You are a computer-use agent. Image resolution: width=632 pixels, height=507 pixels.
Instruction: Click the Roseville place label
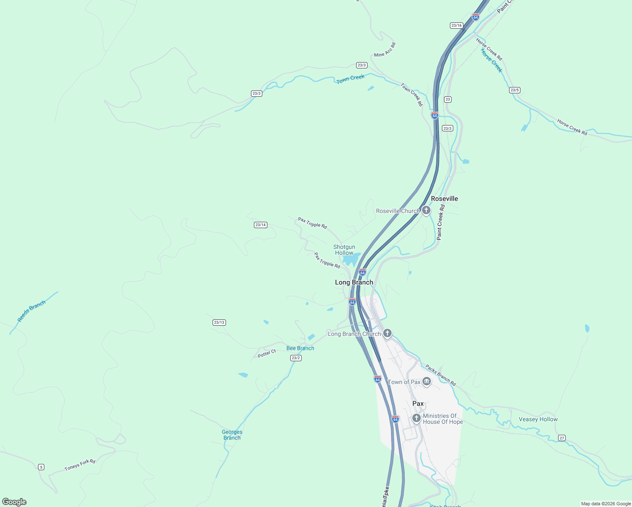444,199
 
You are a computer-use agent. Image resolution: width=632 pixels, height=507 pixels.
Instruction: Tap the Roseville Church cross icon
426,210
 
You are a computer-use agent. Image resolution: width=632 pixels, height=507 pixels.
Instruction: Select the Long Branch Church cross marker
387,333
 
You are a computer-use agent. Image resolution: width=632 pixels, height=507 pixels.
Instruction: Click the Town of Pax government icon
426,382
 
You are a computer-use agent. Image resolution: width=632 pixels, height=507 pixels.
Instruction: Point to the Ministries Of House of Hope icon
416,418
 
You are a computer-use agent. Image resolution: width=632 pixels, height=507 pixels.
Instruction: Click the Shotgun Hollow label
344,250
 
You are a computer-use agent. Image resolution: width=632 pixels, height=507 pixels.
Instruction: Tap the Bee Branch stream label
300,348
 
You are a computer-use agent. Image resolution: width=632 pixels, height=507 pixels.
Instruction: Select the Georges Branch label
232,435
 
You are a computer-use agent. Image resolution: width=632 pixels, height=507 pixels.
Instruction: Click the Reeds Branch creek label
31,311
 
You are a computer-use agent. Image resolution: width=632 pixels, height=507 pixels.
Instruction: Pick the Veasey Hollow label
538,419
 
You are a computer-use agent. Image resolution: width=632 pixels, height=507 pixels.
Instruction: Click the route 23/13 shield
219,322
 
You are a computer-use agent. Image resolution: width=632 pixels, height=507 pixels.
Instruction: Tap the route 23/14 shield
261,225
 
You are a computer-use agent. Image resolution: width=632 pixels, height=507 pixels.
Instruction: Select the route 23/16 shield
456,25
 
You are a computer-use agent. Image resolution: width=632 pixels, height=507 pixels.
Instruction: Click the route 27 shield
561,438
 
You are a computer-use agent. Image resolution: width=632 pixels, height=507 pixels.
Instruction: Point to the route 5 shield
41,467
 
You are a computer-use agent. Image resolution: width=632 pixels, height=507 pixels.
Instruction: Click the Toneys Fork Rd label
80,465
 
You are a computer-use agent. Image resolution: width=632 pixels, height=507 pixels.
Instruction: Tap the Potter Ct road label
267,354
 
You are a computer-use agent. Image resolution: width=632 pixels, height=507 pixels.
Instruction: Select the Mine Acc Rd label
384,50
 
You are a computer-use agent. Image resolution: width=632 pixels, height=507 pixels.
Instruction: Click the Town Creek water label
350,79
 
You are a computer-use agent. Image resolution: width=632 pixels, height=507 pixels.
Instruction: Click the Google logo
14,502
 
